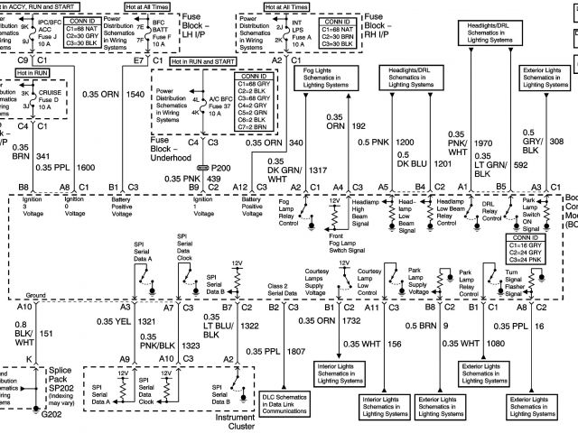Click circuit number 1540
(x=136, y=94)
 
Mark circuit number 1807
(x=294, y=351)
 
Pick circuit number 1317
(x=292, y=170)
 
